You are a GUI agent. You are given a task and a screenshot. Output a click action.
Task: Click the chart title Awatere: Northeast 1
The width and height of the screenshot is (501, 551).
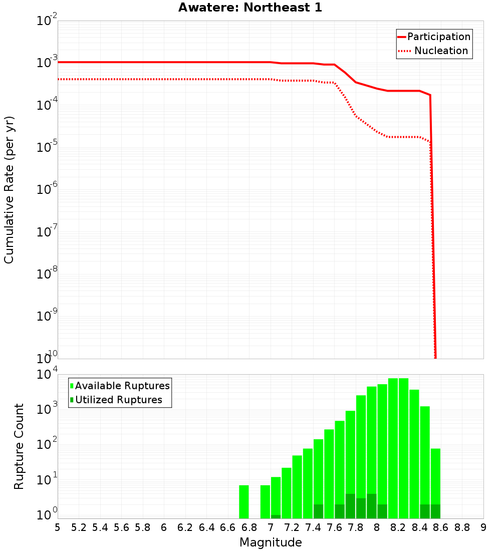tap(250, 8)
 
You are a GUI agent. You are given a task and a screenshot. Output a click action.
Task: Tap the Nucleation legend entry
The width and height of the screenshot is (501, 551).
tap(441, 51)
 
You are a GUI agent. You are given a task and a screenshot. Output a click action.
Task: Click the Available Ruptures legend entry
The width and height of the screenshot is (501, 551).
tap(122, 386)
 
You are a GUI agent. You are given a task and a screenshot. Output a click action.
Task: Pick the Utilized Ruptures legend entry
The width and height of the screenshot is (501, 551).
tap(118, 400)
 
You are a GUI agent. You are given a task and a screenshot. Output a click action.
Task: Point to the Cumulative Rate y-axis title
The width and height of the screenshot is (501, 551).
tap(9, 189)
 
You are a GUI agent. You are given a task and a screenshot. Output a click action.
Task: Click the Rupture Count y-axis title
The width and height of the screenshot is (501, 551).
tap(19, 446)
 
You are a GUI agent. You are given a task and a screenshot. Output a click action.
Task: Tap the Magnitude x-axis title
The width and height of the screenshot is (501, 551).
tap(271, 542)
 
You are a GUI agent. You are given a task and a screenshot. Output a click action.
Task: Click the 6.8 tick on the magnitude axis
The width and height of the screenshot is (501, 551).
tap(249, 527)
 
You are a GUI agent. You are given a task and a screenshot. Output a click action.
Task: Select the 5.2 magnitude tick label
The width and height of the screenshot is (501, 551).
tap(79, 527)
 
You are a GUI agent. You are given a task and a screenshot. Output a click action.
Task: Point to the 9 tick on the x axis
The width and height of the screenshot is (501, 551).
tap(483, 527)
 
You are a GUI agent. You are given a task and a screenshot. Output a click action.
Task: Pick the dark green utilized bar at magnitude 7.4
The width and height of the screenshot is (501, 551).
tap(318, 511)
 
